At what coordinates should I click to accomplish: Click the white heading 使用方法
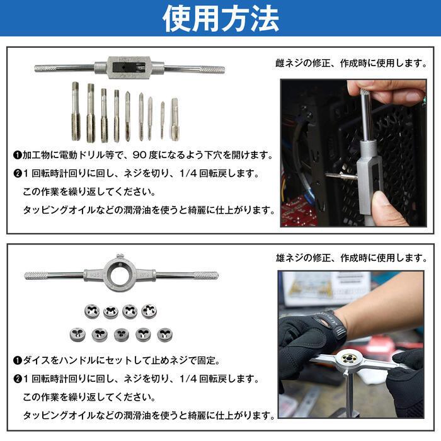point(220,19)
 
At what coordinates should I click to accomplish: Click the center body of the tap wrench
point(129,66)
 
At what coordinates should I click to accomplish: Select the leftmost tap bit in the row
point(75,112)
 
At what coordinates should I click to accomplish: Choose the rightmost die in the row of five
point(165,334)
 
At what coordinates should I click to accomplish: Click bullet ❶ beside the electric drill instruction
point(17,155)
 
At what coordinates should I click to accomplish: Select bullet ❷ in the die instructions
point(17,379)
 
